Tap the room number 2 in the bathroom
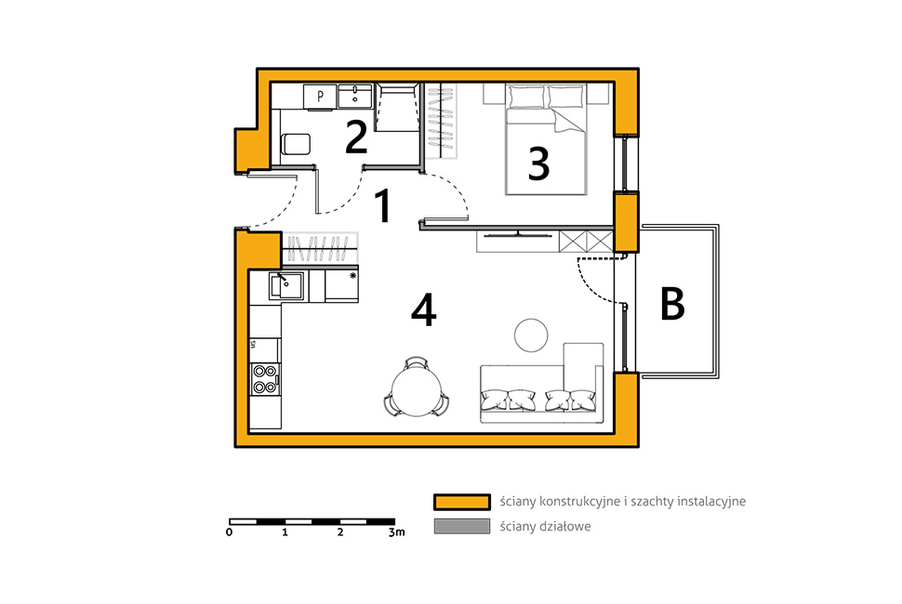tap(356, 137)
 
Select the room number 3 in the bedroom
tap(538, 164)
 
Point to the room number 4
tap(424, 310)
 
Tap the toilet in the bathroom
tap(295, 144)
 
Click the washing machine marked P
tap(320, 96)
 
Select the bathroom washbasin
tap(355, 96)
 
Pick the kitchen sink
tap(286, 285)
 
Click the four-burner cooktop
tap(265, 379)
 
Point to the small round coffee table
tap(531, 335)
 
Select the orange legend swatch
tap(462, 502)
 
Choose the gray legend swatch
tap(462, 527)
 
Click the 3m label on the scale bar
tap(396, 532)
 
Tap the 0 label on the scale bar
tap(230, 532)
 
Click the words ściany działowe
tap(545, 527)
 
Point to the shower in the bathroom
tap(396, 108)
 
